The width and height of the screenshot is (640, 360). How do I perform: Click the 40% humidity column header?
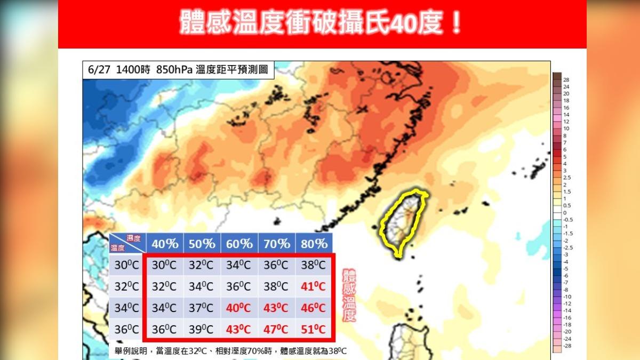pos(165,244)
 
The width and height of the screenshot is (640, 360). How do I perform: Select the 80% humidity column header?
pos(314,244)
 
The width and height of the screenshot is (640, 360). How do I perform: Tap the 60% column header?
pos(239,244)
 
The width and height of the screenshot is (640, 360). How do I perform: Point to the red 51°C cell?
pos(314,329)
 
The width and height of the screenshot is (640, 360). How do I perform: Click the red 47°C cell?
pos(277,329)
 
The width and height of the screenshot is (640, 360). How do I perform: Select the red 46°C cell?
pos(314,308)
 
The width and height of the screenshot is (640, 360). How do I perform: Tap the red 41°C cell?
pos(314,286)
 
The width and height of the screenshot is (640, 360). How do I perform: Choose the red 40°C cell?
pos(239,308)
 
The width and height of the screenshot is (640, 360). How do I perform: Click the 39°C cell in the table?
pos(202,329)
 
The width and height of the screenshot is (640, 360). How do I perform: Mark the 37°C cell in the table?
pos(202,308)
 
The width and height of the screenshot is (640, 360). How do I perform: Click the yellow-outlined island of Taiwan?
pos(404,224)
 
